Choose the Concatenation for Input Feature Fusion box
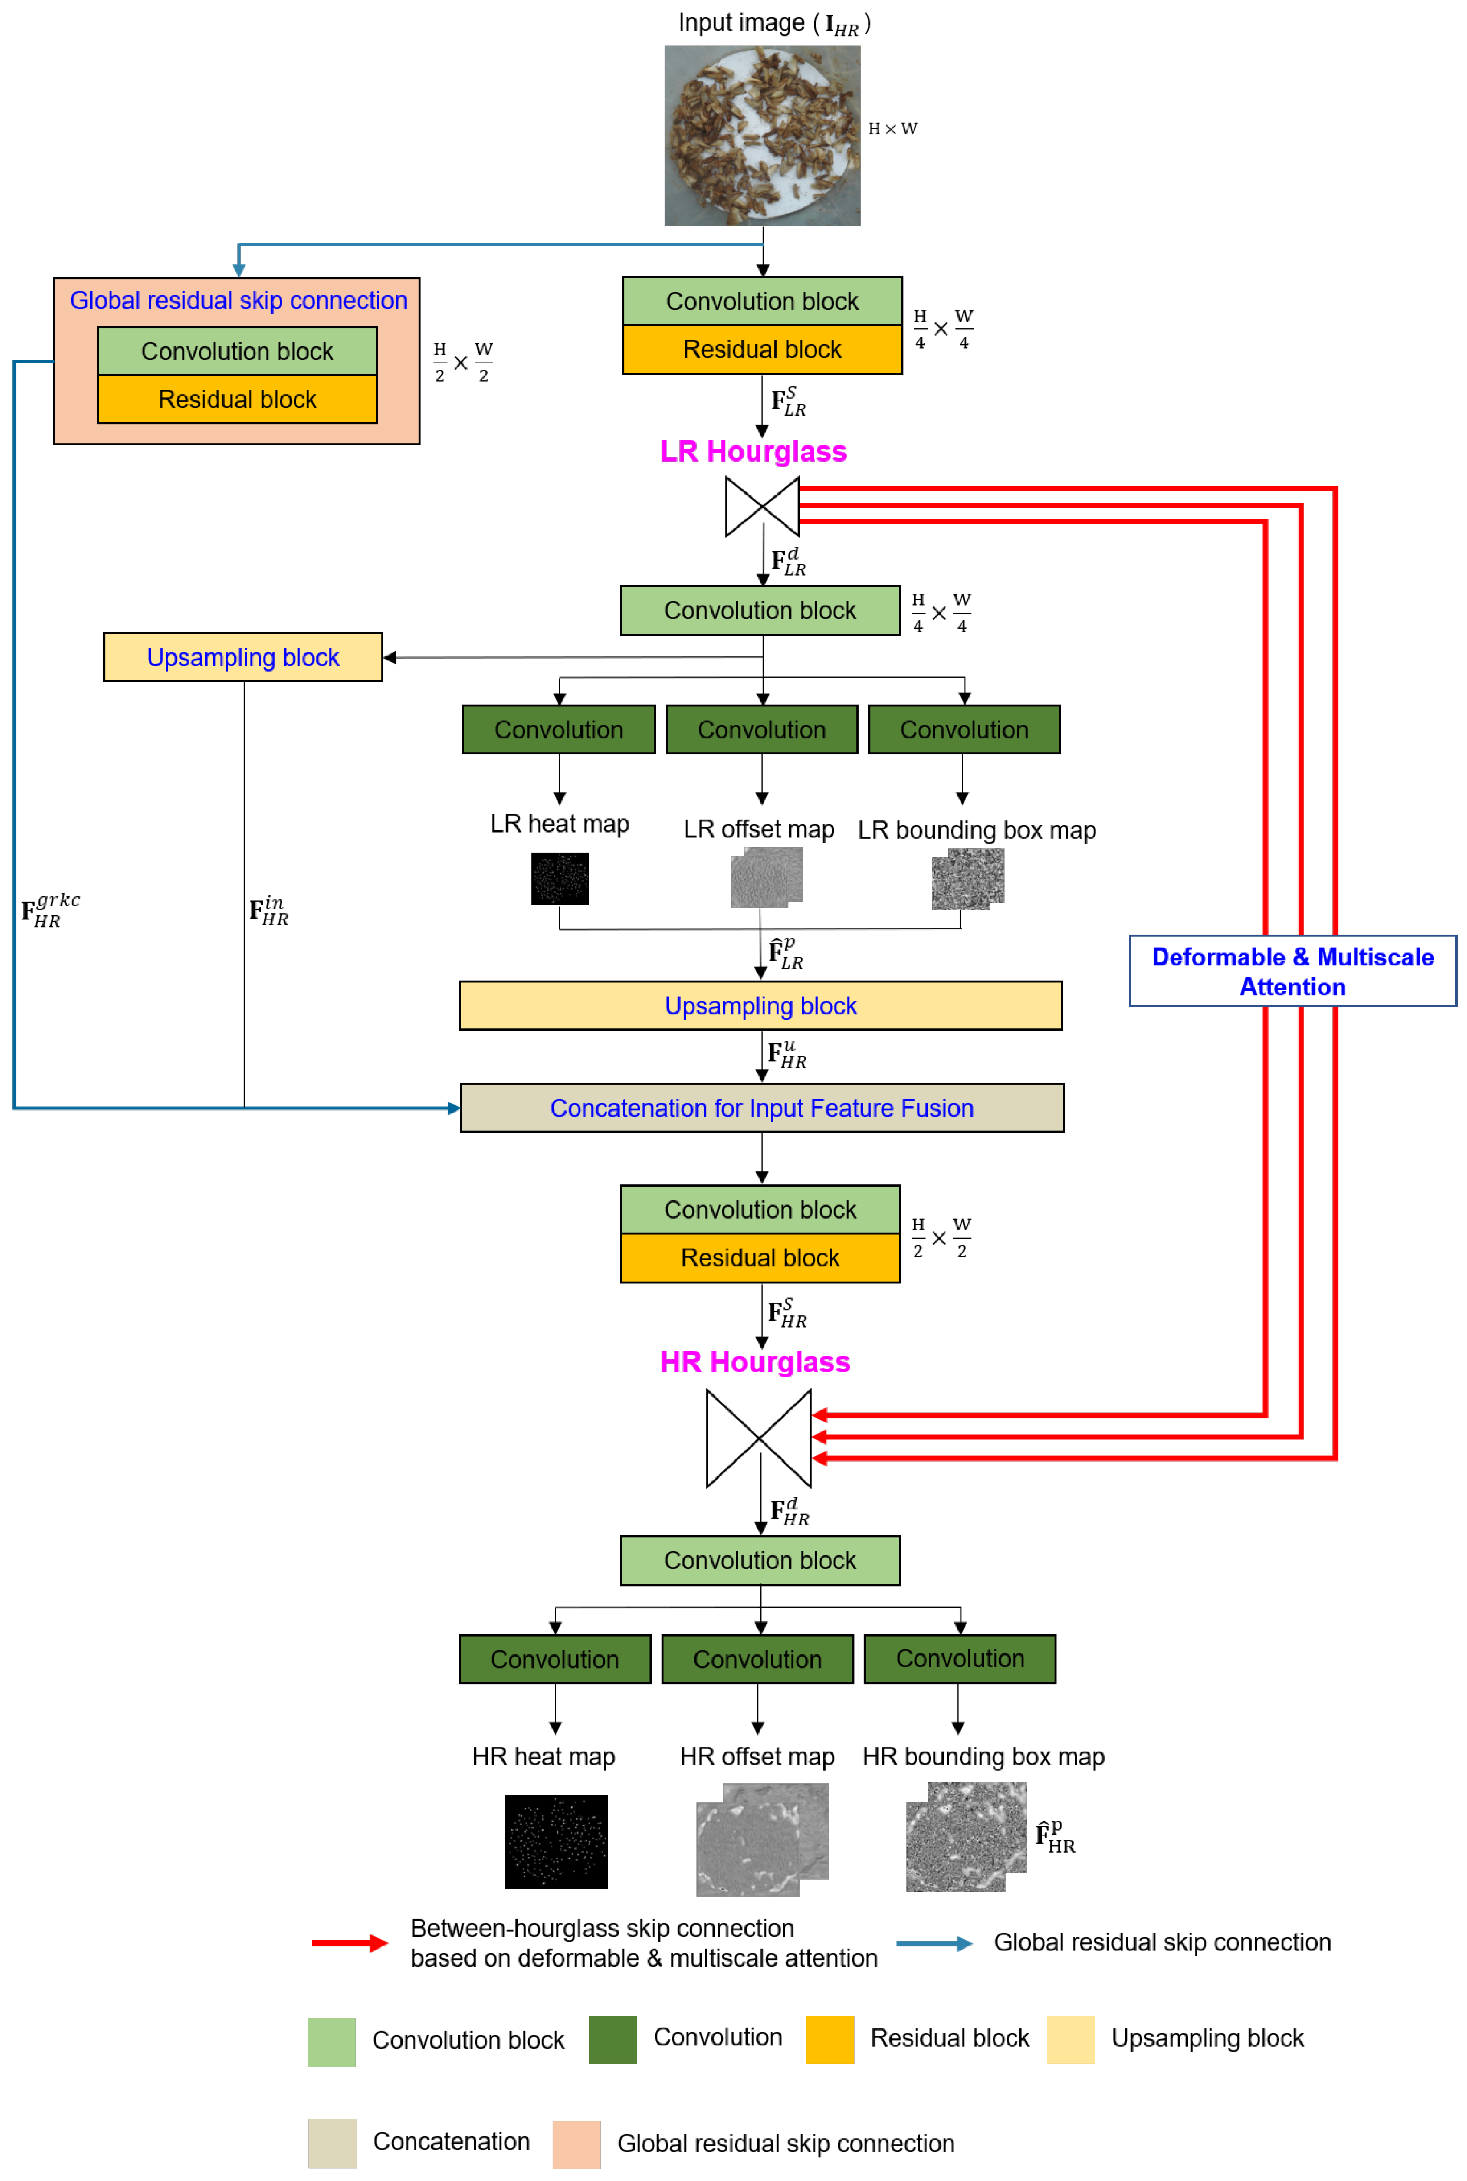[761, 1108]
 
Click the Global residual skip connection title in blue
[238, 301]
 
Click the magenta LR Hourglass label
[753, 451]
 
